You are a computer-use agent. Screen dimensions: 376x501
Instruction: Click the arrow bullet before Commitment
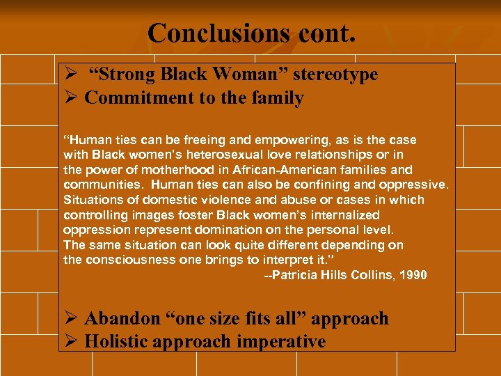(x=70, y=98)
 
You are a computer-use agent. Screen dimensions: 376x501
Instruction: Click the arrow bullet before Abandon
(x=70, y=319)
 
